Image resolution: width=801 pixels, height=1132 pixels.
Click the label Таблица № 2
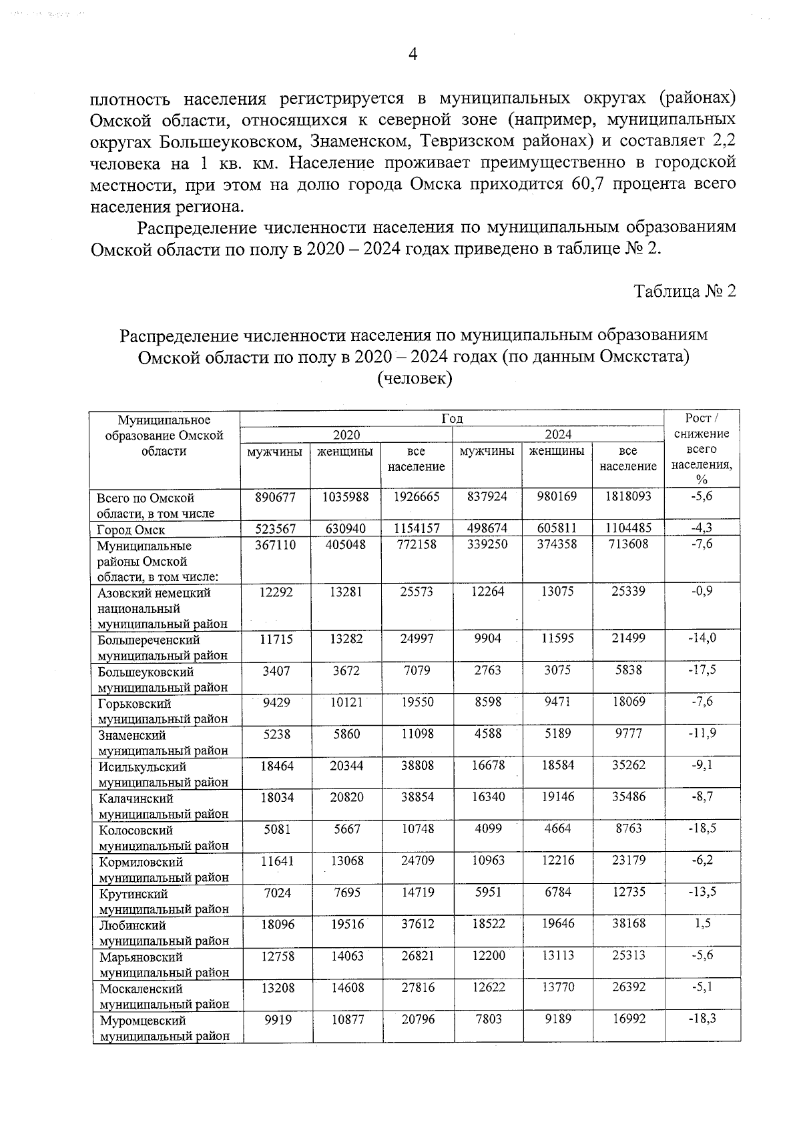(x=685, y=292)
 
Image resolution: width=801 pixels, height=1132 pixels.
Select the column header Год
(x=452, y=419)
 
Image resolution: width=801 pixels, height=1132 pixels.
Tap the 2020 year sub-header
(x=346, y=435)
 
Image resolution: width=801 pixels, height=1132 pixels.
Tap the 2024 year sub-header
(x=558, y=435)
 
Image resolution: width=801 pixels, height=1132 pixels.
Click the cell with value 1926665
(x=417, y=497)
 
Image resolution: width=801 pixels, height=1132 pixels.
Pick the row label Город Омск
(x=131, y=530)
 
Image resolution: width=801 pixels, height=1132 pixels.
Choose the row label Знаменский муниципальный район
(x=163, y=742)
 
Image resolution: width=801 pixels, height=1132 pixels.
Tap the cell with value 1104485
(x=628, y=528)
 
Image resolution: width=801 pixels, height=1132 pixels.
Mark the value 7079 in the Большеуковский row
(x=417, y=670)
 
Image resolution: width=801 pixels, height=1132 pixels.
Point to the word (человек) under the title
(x=415, y=379)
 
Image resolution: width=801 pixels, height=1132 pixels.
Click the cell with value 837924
(x=487, y=497)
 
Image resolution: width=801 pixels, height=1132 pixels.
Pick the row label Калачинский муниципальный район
(x=163, y=806)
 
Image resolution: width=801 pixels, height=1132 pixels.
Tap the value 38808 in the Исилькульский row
(x=417, y=765)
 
